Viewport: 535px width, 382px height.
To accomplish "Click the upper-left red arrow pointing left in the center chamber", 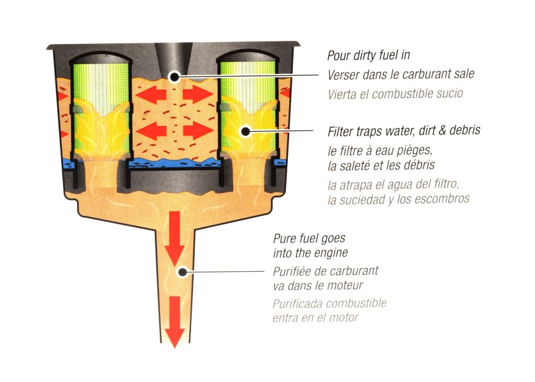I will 152,95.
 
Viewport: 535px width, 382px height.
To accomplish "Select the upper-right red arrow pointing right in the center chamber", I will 198,95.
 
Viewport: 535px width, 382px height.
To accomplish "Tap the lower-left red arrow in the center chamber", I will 152,131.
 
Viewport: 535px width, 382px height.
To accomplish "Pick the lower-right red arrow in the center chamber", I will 198,131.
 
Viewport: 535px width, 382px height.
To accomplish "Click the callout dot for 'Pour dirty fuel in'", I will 175,76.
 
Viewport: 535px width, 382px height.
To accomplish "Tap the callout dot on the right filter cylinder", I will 243,131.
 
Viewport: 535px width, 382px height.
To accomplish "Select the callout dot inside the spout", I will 182,272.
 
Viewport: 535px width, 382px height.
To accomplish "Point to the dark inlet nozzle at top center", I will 174,56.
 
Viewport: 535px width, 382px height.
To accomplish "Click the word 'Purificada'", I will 297,303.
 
